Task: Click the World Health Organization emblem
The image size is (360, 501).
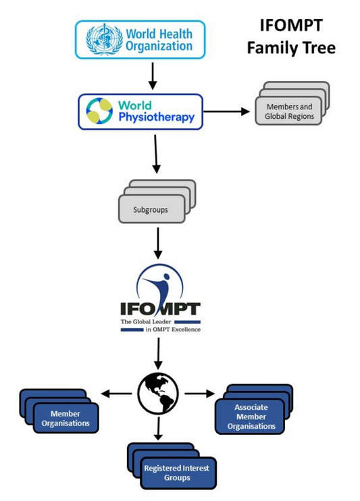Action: (105, 39)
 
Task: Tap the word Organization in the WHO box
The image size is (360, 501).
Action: (159, 46)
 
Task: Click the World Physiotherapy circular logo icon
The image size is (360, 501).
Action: (99, 111)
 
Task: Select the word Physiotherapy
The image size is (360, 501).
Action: (157, 117)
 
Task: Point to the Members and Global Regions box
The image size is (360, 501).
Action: (288, 111)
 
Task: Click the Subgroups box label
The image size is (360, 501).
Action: (151, 210)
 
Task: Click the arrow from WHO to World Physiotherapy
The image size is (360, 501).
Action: (153, 76)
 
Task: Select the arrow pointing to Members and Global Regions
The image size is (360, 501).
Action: (226, 111)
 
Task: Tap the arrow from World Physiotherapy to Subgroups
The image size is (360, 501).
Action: (156, 154)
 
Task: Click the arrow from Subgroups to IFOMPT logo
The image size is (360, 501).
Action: (158, 243)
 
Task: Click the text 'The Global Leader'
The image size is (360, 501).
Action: (146, 322)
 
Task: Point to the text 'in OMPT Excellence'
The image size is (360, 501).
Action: (173, 329)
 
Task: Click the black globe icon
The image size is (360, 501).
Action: (158, 393)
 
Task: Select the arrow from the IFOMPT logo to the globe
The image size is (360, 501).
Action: (158, 353)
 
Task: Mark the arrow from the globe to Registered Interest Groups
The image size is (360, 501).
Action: (158, 429)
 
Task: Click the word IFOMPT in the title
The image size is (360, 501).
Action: (291, 26)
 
